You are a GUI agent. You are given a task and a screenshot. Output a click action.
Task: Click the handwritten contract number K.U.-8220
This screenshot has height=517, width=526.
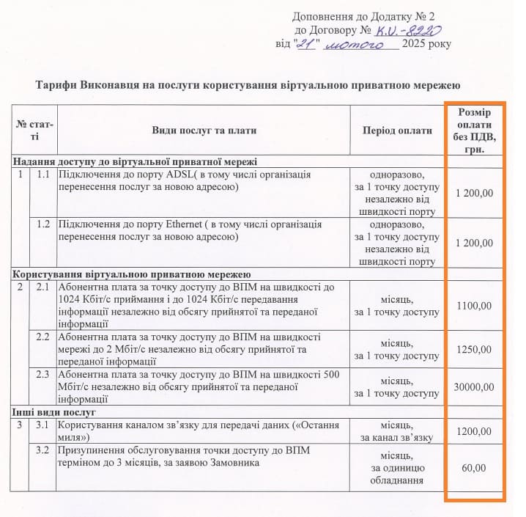(x=409, y=30)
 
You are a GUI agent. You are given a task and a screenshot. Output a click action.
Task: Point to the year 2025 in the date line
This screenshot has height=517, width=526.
(x=415, y=44)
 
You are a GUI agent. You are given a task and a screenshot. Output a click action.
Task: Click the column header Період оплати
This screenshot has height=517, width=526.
(x=398, y=131)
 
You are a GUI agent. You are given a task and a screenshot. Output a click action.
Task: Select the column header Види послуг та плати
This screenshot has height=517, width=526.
(x=204, y=131)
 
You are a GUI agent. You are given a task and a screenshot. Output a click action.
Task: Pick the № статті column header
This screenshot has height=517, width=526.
(x=34, y=131)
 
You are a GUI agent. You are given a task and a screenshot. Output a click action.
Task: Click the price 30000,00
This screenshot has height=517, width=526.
(x=473, y=386)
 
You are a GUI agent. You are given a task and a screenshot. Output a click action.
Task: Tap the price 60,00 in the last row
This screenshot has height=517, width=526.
(x=473, y=467)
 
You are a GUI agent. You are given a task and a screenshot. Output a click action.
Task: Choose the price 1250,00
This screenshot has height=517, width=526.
(x=473, y=350)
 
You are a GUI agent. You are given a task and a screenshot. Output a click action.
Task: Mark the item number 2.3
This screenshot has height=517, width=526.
(x=43, y=375)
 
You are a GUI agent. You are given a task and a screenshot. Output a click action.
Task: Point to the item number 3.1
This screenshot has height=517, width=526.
(x=43, y=425)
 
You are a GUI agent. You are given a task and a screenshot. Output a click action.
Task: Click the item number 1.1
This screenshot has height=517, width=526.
(x=43, y=175)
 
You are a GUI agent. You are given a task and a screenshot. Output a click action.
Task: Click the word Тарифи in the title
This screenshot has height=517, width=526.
(x=56, y=86)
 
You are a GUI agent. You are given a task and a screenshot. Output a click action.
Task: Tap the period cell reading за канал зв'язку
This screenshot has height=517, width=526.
(x=398, y=437)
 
